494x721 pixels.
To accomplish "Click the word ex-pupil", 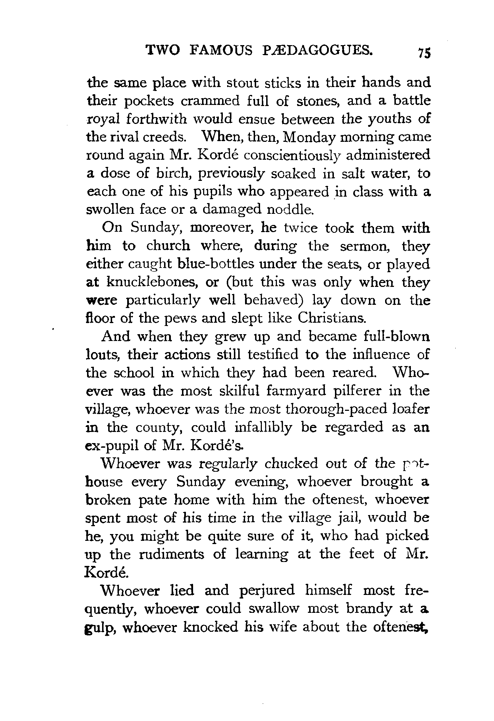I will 115,446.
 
